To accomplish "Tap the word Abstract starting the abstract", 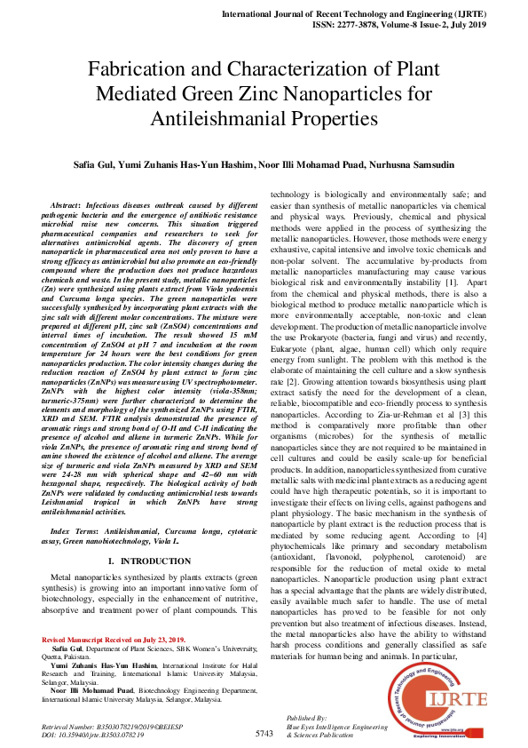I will click(x=70, y=205).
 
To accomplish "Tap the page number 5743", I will click(x=264, y=733).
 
